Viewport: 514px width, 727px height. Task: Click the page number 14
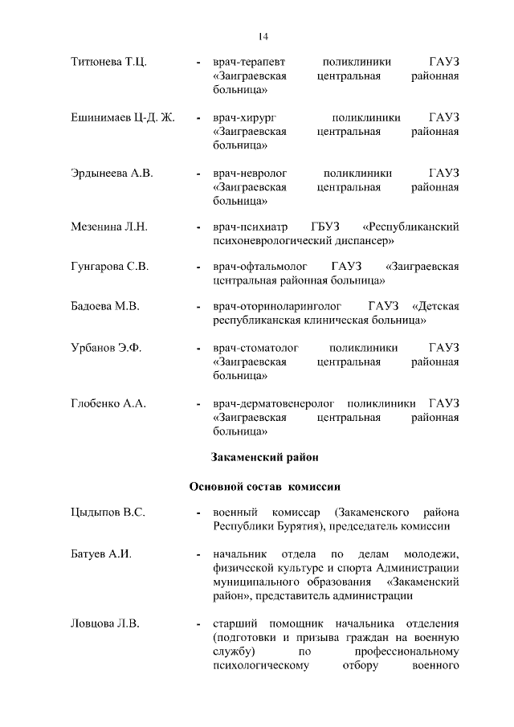tap(263, 35)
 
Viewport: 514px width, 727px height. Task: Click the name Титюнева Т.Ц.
tap(108, 61)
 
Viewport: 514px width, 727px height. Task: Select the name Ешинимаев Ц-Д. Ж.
tap(123, 117)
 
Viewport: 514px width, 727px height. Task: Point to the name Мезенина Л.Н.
tap(109, 228)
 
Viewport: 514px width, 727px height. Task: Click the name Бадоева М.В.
tap(105, 306)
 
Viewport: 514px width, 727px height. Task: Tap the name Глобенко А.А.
tap(108, 402)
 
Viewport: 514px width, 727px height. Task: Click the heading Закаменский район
tap(265, 458)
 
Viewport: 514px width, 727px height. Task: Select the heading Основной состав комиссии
tap(265, 487)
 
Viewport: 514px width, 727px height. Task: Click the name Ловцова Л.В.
tap(105, 622)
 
